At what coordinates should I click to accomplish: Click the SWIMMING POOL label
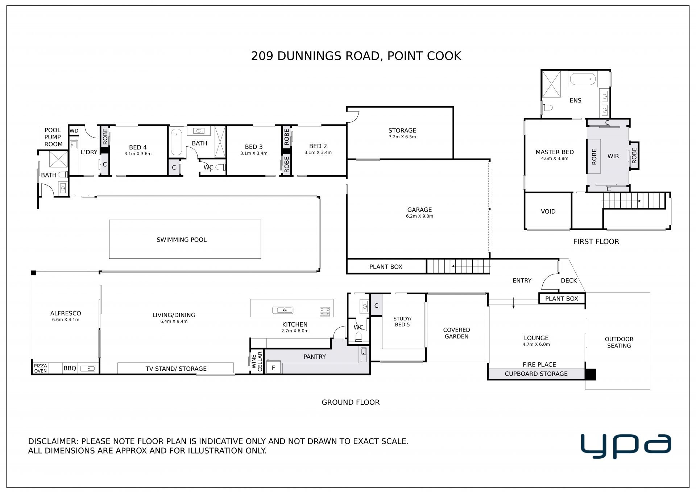pyautogui.click(x=182, y=240)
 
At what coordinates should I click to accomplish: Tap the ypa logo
pyautogui.click(x=626, y=446)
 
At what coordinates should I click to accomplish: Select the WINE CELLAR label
pyautogui.click(x=257, y=361)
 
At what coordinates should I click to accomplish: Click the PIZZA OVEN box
pyautogui.click(x=41, y=368)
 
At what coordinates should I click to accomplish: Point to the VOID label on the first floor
pyautogui.click(x=548, y=211)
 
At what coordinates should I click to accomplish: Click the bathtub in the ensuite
pyautogui.click(x=583, y=79)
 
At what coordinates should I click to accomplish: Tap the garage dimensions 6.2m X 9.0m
pyautogui.click(x=419, y=216)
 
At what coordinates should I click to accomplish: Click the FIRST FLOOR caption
pyautogui.click(x=596, y=241)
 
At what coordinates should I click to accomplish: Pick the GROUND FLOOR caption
pyautogui.click(x=351, y=402)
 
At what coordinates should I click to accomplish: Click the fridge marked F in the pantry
pyautogui.click(x=273, y=367)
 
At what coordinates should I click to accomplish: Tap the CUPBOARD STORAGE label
pyautogui.click(x=536, y=374)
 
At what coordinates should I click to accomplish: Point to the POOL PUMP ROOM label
pyautogui.click(x=53, y=137)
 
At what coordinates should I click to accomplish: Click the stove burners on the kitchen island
pyautogui.click(x=325, y=311)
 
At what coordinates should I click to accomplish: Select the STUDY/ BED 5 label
pyautogui.click(x=402, y=322)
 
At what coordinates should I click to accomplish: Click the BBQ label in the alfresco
pyautogui.click(x=70, y=368)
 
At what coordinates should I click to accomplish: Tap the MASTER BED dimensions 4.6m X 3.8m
pyautogui.click(x=555, y=159)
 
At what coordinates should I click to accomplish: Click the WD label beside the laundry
pyautogui.click(x=74, y=131)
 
